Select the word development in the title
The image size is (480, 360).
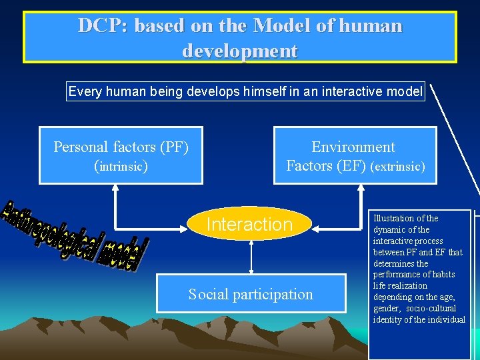(x=240, y=51)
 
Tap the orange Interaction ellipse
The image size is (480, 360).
(x=249, y=225)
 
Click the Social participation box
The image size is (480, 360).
(x=251, y=294)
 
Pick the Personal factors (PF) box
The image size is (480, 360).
(x=121, y=155)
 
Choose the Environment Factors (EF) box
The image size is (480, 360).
(x=355, y=155)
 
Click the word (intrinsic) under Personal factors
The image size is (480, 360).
(x=121, y=165)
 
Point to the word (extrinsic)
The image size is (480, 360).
(x=397, y=167)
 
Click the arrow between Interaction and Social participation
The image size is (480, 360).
(x=251, y=257)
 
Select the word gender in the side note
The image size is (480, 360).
(x=387, y=309)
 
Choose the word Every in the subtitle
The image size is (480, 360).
(x=84, y=92)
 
